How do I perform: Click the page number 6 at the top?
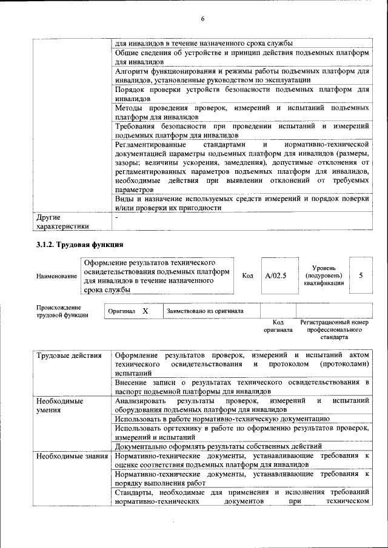[202, 19]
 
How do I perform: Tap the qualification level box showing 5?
[361, 276]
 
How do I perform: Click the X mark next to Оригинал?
[145, 311]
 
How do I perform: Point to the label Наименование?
[57, 276]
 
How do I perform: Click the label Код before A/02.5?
[247, 276]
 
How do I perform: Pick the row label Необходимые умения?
[59, 406]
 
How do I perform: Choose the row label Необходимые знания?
[72, 455]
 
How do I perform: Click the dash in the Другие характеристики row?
[117, 217]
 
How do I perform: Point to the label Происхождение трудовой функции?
[62, 311]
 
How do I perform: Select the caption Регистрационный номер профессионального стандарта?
[334, 329]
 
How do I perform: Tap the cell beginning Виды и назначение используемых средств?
[242, 203]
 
